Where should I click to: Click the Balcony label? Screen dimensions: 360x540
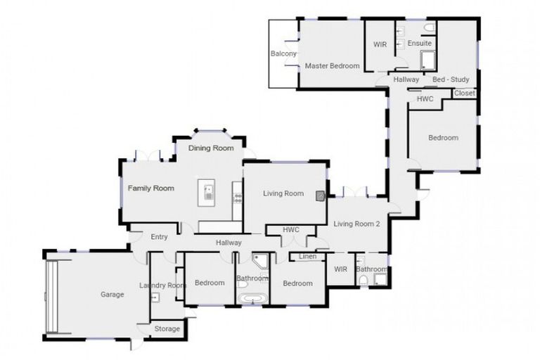[284, 53]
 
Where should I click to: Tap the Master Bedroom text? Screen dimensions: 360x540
[332, 66]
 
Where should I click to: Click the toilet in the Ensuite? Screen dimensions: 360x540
[429, 27]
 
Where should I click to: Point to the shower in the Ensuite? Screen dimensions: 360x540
[427, 60]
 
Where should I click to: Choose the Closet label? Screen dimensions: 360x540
[464, 93]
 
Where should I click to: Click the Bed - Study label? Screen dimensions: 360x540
[451, 79]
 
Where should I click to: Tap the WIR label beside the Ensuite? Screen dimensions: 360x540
[380, 44]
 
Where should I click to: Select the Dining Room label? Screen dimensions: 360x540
[212, 148]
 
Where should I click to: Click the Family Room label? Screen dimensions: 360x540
[150, 188]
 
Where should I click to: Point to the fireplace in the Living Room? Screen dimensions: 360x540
[321, 196]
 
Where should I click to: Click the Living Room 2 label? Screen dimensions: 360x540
[356, 224]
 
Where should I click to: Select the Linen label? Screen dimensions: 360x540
[307, 257]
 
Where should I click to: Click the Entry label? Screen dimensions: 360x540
[160, 237]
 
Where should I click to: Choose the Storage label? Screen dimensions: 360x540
[167, 329]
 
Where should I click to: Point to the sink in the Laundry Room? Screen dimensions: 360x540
[155, 297]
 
